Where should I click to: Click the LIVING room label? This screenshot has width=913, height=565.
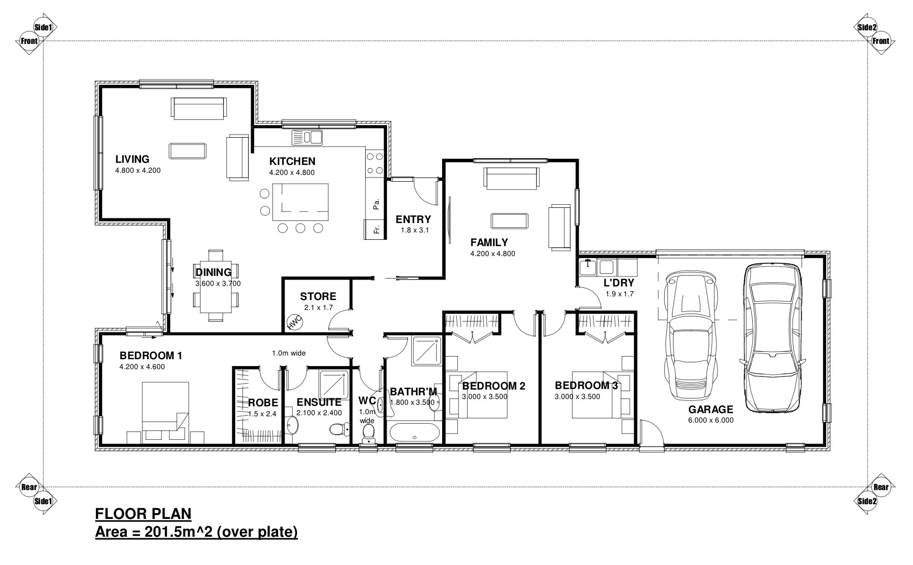pos(133,159)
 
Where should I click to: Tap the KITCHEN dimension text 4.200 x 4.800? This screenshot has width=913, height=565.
pos(292,173)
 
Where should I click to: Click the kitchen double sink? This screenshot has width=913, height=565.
pos(307,137)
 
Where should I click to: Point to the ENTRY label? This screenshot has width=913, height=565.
pos(413,219)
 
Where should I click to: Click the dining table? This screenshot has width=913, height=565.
pos(215,285)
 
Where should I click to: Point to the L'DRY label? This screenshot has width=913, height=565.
pos(619,283)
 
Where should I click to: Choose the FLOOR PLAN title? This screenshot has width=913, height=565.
pos(144,514)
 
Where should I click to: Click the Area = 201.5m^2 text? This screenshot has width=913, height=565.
pos(196,532)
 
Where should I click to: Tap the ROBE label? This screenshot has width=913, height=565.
pos(263,403)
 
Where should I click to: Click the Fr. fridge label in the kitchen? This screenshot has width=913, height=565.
pos(376,229)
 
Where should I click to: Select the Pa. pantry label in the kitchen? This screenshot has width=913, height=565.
pos(376,203)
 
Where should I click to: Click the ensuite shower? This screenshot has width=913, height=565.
pos(334,385)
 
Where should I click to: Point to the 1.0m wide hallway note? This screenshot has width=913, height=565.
pos(289,353)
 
